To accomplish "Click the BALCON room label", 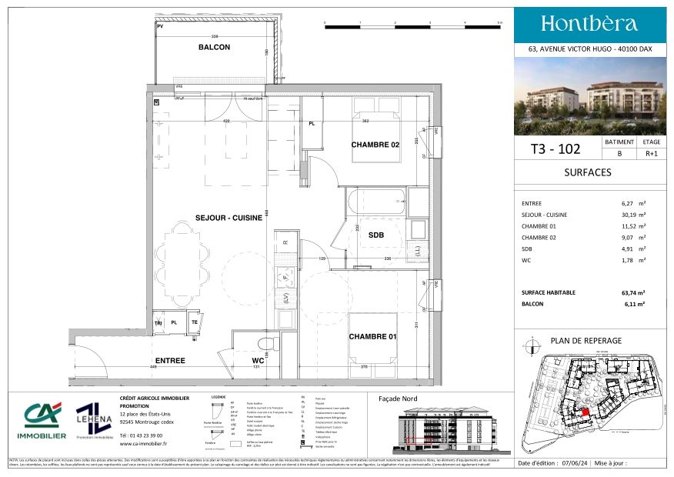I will [x=214, y=48].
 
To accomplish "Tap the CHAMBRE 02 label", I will [x=375, y=145].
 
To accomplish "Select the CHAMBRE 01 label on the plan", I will [x=373, y=337].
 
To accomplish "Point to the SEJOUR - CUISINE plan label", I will [x=229, y=218].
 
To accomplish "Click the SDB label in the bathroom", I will [x=376, y=235].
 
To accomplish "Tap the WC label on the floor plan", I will [x=258, y=359].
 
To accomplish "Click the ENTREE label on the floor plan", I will [x=170, y=360].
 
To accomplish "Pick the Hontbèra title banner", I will [x=589, y=23].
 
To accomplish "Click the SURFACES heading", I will [x=588, y=172].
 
